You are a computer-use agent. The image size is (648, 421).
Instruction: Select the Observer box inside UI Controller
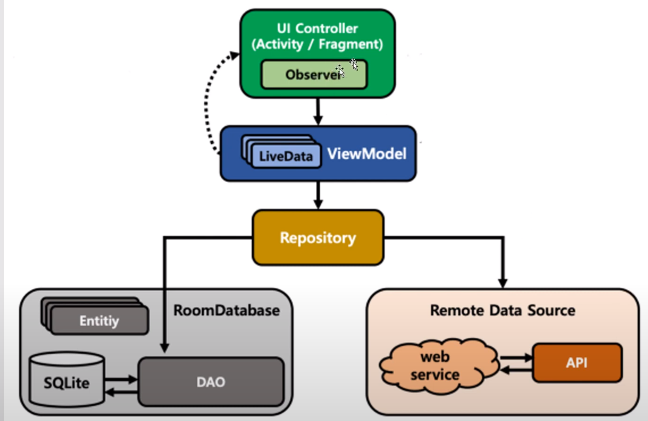313,75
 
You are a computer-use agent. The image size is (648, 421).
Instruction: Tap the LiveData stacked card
284,155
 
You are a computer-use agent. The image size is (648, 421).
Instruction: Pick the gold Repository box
318,238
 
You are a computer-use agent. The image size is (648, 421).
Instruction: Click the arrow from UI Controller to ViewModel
318,111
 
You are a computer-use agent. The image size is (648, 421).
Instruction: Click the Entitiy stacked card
98,321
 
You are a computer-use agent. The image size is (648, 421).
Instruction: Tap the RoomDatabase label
227,310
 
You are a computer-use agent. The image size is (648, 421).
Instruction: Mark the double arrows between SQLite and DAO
120,384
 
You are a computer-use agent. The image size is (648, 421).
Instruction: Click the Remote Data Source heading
503,310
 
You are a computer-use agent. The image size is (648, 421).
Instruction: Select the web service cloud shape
435,365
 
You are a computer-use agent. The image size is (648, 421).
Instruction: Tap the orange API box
577,363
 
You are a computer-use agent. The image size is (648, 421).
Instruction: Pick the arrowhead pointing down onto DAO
164,346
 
